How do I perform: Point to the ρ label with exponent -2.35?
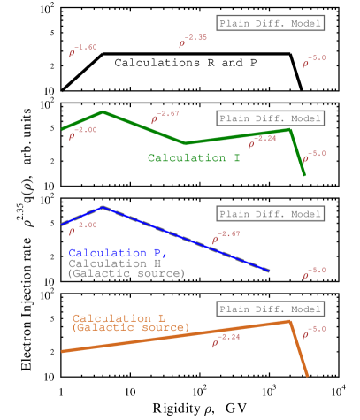(x=192, y=42)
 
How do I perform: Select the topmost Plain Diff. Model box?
(x=270, y=23)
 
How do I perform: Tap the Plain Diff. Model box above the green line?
(x=270, y=118)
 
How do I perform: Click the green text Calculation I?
(x=194, y=158)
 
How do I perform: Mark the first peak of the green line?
(x=103, y=111)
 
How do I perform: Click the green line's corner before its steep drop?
(x=289, y=130)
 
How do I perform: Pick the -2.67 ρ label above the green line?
(x=165, y=117)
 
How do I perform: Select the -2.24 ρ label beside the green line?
(x=262, y=141)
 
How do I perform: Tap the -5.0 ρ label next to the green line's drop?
(x=314, y=157)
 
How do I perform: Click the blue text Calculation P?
(x=117, y=253)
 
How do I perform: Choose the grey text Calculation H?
(x=114, y=263)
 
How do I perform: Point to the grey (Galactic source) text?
(x=126, y=274)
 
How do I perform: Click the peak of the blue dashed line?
(x=103, y=207)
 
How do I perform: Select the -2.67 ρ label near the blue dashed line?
(x=226, y=237)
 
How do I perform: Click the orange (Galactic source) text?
(x=130, y=328)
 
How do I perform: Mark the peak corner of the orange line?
(x=290, y=321)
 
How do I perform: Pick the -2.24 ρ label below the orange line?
(x=226, y=340)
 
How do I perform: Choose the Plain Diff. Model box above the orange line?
(x=270, y=309)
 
